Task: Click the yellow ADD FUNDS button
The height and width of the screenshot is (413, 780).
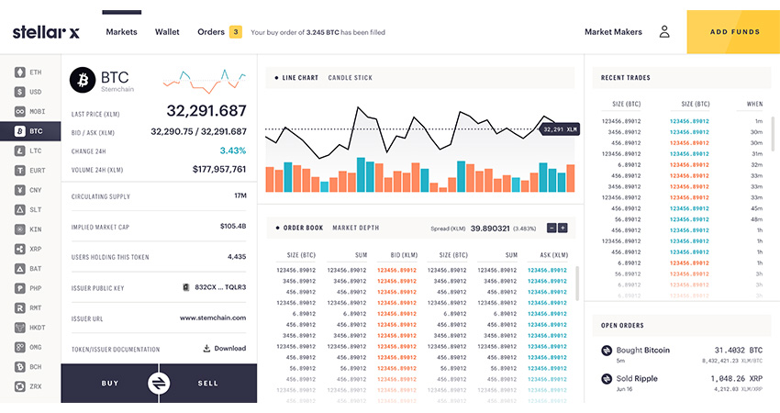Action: (733, 32)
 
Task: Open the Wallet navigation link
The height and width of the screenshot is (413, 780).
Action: (167, 32)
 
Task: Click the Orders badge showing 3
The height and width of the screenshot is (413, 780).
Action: (236, 32)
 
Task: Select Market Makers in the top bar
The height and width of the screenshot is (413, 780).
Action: (613, 32)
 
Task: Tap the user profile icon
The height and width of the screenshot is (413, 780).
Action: (664, 32)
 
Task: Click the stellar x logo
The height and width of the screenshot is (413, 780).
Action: (46, 32)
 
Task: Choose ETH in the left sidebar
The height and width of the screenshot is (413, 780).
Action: (29, 72)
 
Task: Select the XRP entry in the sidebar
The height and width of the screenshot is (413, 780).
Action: (29, 250)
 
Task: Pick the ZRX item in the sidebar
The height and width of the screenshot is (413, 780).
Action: (29, 387)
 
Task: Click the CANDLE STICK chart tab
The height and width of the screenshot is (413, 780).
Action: (350, 78)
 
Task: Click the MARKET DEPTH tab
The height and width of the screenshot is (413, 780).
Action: (355, 228)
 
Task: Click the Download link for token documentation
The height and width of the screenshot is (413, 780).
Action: (224, 349)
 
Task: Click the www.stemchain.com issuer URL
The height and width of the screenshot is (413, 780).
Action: (212, 318)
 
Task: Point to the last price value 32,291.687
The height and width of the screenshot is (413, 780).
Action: (206, 111)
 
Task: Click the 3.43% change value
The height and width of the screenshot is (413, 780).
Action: (232, 151)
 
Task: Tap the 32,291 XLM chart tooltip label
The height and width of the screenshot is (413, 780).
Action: (559, 130)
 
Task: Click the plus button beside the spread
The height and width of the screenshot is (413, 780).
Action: (563, 228)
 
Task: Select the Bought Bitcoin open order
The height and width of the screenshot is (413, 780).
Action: (642, 351)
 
